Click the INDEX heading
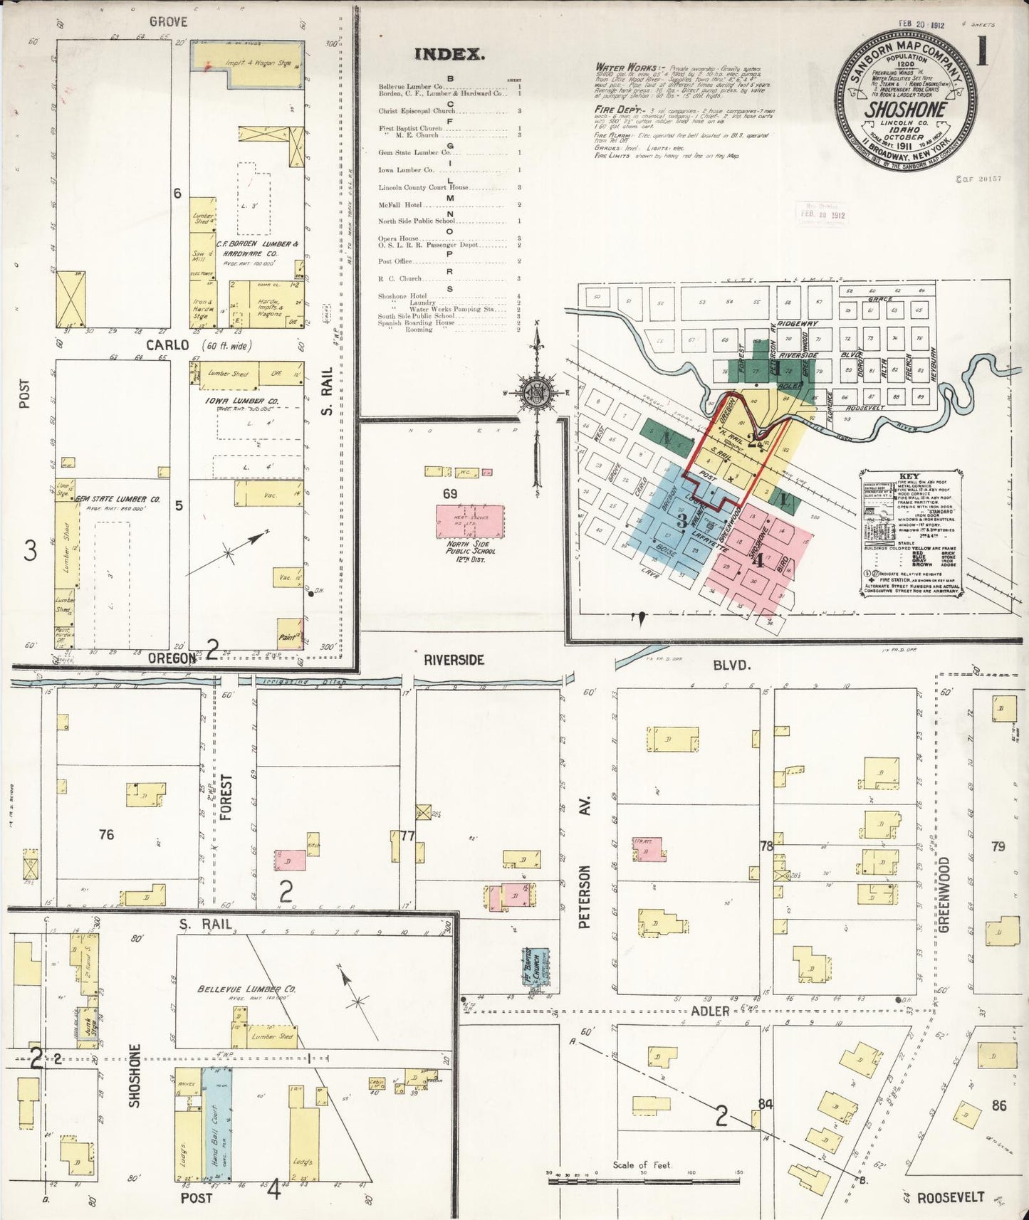[449, 54]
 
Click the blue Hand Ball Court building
[216, 1125]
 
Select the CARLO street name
[167, 345]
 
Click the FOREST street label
[226, 797]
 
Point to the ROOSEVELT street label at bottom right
[950, 1197]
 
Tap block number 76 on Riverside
[106, 834]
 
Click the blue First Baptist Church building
[536, 966]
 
